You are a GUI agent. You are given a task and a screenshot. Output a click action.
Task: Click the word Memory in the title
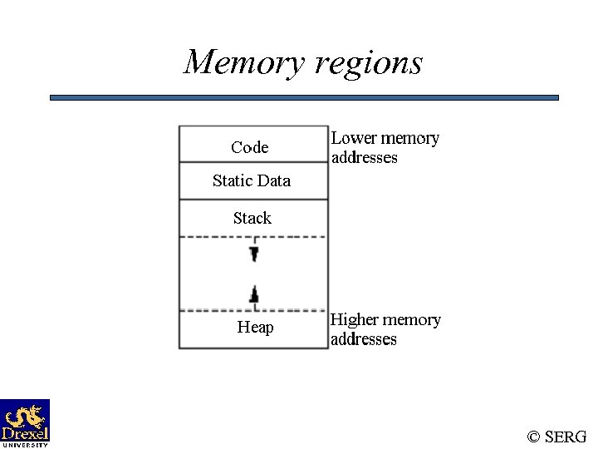[241, 63]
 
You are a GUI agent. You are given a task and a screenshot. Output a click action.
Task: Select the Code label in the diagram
[250, 147]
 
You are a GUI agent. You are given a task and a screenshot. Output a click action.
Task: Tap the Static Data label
[251, 180]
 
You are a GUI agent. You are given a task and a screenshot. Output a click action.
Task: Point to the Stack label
[252, 218]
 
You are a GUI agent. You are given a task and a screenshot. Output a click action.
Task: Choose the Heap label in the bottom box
[255, 327]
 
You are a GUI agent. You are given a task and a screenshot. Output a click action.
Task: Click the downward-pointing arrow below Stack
[254, 253]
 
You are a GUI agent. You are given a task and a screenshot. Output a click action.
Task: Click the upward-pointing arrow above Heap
[254, 294]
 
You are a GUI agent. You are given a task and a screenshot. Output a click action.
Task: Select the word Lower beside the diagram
[354, 138]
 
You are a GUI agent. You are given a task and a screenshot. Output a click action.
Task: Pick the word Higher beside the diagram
[355, 319]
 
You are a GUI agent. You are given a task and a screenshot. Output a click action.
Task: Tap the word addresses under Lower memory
[364, 157]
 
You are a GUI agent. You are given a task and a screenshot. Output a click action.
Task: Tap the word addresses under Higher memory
[363, 339]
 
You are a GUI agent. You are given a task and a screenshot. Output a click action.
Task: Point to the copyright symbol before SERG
[534, 437]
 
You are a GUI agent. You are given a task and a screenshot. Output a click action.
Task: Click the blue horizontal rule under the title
[304, 97]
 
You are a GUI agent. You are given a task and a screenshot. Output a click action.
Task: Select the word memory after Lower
[409, 138]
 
